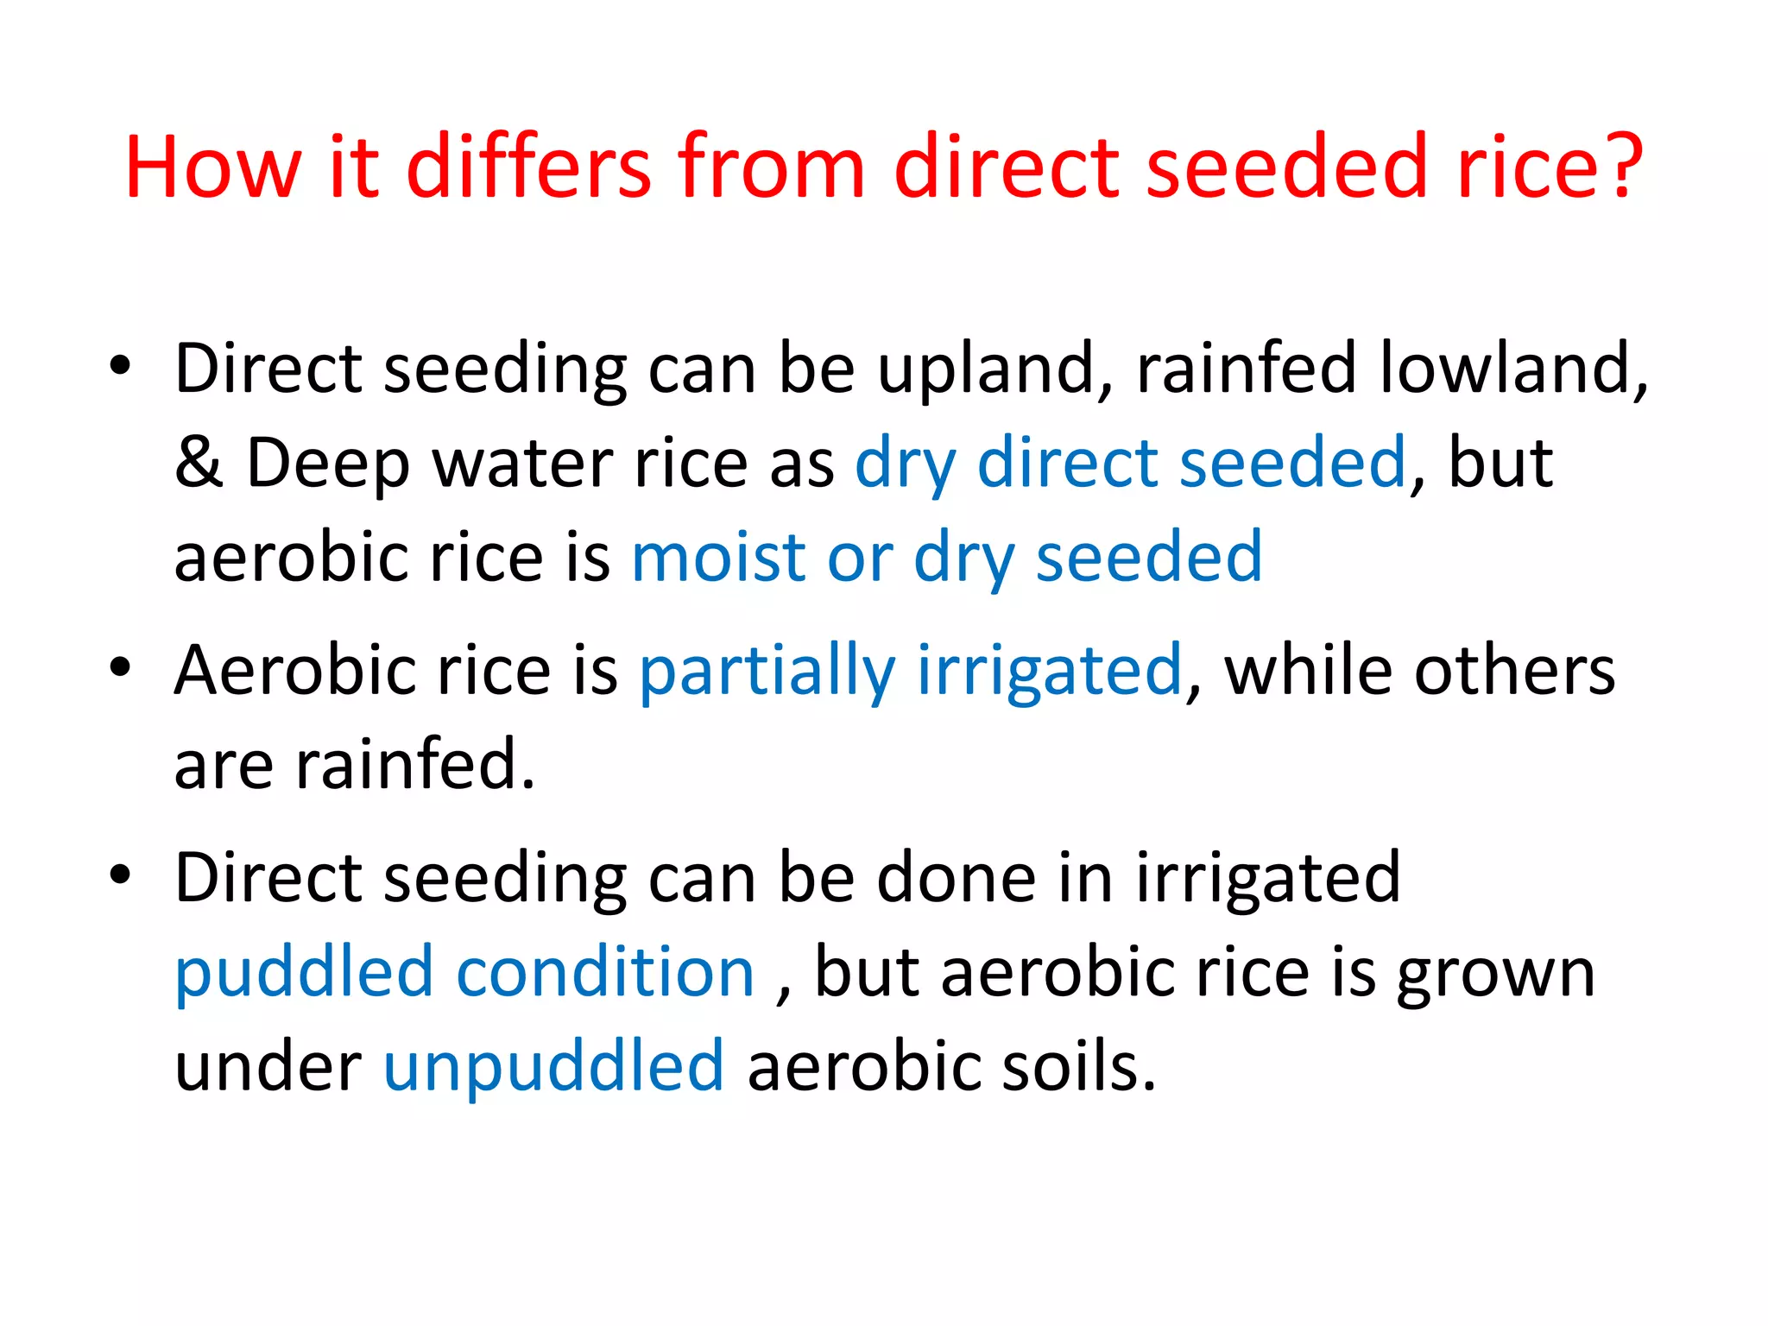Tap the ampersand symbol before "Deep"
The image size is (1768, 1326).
tap(199, 464)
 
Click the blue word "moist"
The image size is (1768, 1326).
tap(718, 558)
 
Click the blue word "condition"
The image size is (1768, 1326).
tap(605, 973)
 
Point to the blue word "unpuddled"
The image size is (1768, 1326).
tap(553, 1067)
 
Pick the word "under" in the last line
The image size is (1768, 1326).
tap(268, 1067)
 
